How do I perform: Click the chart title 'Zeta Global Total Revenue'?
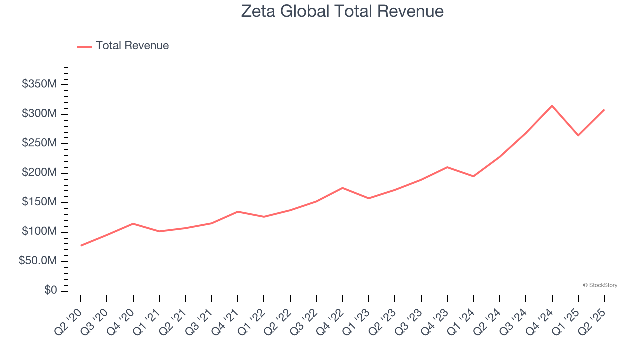coord(342,11)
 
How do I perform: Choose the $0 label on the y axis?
coord(50,291)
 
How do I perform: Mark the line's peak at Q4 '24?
coord(552,106)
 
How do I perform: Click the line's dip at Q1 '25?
coord(578,135)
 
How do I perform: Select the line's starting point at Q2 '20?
coord(81,245)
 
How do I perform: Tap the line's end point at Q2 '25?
coord(604,110)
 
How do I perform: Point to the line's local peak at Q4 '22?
coord(342,188)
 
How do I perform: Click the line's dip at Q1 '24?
coord(473,176)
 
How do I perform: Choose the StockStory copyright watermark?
coord(600,285)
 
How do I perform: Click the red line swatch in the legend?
coord(85,46)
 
